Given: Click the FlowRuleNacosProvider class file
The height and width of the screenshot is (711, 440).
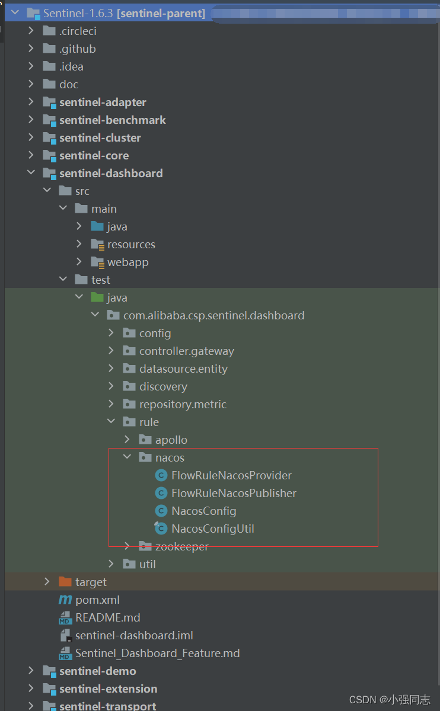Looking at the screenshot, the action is click(231, 475).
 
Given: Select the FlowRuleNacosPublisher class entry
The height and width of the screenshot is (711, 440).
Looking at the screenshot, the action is click(234, 493).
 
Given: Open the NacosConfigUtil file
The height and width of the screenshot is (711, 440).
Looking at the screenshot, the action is click(212, 529).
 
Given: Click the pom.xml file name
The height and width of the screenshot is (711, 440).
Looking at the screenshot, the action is click(97, 600).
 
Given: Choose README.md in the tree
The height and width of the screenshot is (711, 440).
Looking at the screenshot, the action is click(107, 617).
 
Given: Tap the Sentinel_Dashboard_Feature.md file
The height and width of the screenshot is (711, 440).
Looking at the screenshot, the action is click(157, 653).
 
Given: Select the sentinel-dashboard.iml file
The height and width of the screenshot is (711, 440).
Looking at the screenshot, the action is click(134, 635).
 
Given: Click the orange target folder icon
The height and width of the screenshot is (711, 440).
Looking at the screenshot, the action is click(65, 582).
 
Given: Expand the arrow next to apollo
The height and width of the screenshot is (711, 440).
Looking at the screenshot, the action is click(127, 440).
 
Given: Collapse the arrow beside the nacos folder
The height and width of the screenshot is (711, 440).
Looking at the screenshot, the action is click(127, 457).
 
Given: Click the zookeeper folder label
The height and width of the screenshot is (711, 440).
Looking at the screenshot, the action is click(181, 546).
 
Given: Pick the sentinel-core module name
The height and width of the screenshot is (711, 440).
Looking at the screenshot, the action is click(94, 155).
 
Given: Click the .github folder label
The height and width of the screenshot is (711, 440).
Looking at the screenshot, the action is click(77, 49).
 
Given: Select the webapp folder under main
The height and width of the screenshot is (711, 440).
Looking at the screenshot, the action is click(127, 262).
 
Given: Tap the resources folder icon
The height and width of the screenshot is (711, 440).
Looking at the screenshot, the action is click(97, 244).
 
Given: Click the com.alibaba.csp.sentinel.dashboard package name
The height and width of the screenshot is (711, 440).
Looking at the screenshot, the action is click(213, 315).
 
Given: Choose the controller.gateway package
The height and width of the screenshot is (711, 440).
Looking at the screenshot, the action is click(186, 351).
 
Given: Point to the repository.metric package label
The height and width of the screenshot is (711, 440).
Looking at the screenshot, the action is click(183, 404).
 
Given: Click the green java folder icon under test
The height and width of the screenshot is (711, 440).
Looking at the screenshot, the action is click(97, 297).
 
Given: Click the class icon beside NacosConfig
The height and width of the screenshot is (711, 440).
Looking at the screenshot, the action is click(161, 511).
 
